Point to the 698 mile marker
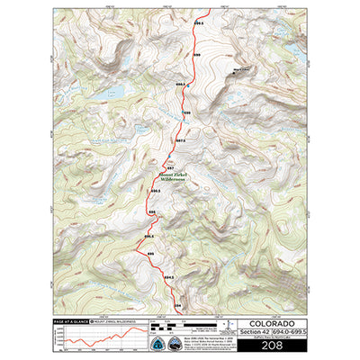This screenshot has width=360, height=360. [187, 113]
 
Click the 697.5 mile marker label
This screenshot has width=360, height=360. [180, 141]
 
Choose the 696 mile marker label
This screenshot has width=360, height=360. [151, 212]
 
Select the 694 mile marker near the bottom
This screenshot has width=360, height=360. [176, 306]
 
